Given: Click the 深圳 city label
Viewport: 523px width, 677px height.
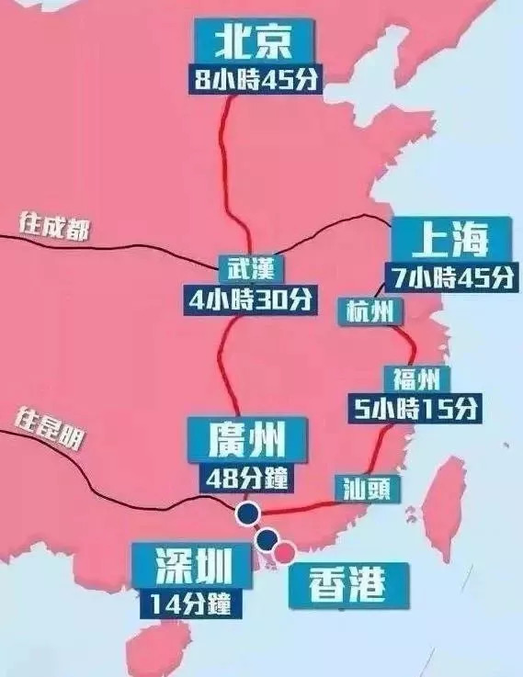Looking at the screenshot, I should pyautogui.click(x=191, y=568).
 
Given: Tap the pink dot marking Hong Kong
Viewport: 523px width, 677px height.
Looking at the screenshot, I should pyautogui.click(x=286, y=550).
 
